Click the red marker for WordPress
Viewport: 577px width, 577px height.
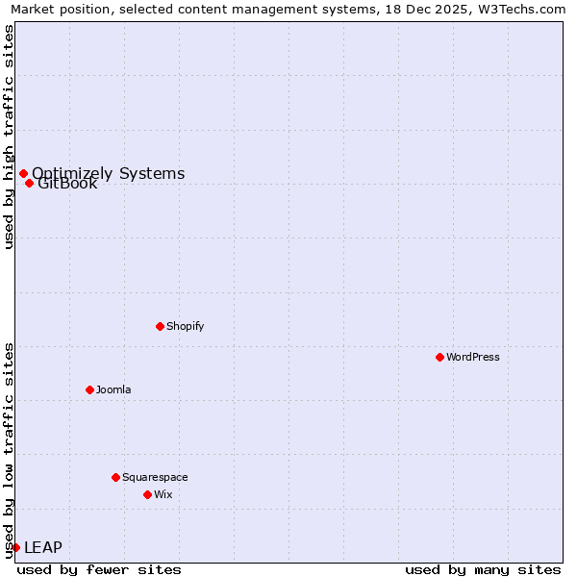click(439, 357)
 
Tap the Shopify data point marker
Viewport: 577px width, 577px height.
click(160, 326)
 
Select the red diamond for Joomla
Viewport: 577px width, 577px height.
click(89, 389)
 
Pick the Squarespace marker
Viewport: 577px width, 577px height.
click(115, 477)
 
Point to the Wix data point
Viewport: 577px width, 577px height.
click(147, 494)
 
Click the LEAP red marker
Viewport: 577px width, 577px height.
click(15, 547)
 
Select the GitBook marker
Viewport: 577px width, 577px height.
click(29, 183)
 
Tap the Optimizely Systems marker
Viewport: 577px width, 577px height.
click(23, 173)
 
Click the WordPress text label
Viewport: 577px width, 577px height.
click(473, 357)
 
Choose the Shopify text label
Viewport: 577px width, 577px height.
click(186, 326)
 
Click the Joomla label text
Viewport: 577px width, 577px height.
click(113, 389)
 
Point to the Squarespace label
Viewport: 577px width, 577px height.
click(155, 477)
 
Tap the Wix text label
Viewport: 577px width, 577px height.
click(163, 494)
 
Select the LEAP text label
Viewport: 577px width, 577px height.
click(43, 547)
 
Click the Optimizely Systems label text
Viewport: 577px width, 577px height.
click(108, 173)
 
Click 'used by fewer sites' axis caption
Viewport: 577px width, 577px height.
click(99, 569)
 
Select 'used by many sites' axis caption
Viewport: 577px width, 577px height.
click(483, 569)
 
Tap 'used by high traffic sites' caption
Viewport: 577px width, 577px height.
click(9, 137)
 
